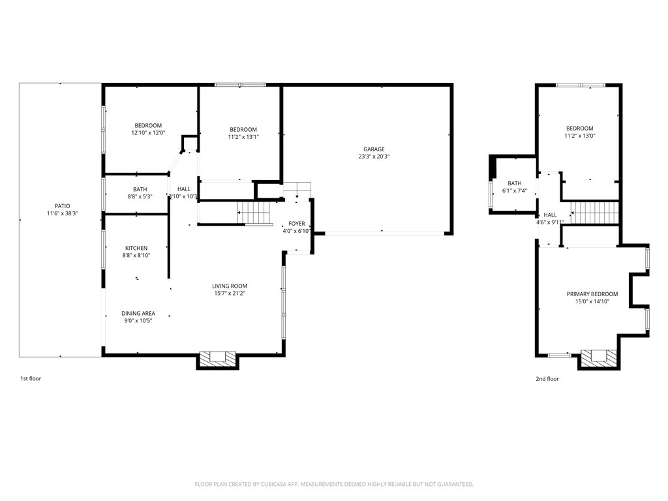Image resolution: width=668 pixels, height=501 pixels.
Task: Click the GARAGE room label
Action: pyautogui.click(x=374, y=149)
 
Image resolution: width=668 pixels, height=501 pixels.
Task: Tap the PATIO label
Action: pyautogui.click(x=62, y=206)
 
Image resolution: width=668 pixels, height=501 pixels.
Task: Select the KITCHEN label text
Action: pyautogui.click(x=136, y=248)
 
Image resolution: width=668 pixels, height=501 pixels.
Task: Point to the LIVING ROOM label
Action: pyautogui.click(x=230, y=286)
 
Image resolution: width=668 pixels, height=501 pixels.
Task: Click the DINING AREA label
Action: pyautogui.click(x=138, y=314)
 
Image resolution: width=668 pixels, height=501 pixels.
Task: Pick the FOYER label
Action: pyautogui.click(x=297, y=224)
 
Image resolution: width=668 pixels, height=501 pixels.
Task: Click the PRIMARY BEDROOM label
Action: pyautogui.click(x=592, y=294)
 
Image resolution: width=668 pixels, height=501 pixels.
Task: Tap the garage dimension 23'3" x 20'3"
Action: pyautogui.click(x=374, y=157)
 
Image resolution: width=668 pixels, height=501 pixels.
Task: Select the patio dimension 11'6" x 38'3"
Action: pyautogui.click(x=62, y=213)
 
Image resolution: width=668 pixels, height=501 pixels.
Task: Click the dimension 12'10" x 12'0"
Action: pyautogui.click(x=148, y=133)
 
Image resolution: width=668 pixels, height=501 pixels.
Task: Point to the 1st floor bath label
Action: pyautogui.click(x=140, y=189)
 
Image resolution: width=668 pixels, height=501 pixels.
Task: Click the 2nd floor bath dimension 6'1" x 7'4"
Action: pyautogui.click(x=515, y=190)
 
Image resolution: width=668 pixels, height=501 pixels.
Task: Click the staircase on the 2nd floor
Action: pyautogui.click(x=595, y=213)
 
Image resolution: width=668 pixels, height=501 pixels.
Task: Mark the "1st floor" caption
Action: pyautogui.click(x=31, y=378)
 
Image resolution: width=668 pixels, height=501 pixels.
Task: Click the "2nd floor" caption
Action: pyautogui.click(x=547, y=379)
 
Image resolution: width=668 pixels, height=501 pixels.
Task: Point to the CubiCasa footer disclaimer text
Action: pyautogui.click(x=334, y=485)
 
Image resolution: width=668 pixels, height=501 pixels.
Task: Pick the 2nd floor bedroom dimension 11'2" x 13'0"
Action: pyautogui.click(x=579, y=136)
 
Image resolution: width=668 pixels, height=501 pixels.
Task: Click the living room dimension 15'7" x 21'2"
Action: pyautogui.click(x=230, y=293)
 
